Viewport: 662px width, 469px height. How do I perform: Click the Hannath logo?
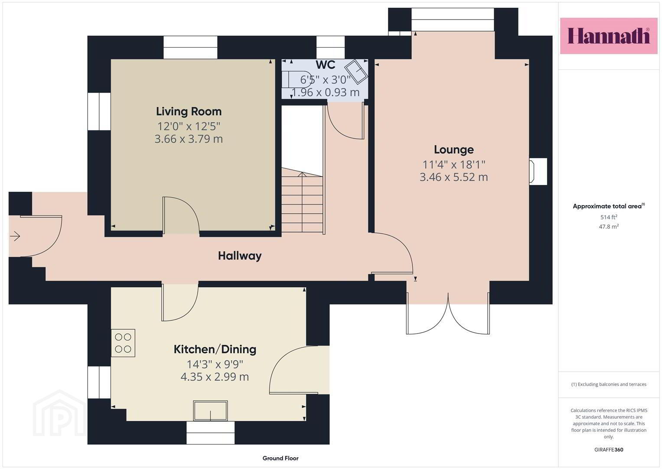[x=609, y=36]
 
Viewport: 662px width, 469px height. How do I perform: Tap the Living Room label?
[x=189, y=112]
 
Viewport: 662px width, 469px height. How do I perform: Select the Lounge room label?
[x=453, y=150]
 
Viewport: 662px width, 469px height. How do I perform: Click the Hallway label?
[x=240, y=256]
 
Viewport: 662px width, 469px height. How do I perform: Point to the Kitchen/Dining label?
[x=215, y=350]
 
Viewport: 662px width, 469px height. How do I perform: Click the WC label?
[x=326, y=65]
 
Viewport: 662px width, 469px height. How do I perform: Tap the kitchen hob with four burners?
[x=123, y=343]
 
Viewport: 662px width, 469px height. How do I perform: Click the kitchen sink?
[x=210, y=410]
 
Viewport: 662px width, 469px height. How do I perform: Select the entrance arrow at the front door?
[x=15, y=236]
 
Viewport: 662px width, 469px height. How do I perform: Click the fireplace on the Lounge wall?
[x=538, y=172]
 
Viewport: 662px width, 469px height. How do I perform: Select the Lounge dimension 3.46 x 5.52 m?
[x=453, y=177]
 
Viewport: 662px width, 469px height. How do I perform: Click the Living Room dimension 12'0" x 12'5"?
[x=189, y=126]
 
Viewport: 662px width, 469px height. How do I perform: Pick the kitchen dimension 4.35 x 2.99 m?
[x=215, y=377]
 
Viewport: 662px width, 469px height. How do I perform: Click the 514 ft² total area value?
[x=609, y=217]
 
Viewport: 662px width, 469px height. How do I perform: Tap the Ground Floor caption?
[x=280, y=458]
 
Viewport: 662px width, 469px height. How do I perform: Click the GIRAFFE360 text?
[x=609, y=450]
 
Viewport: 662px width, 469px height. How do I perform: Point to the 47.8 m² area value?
[x=609, y=227]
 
